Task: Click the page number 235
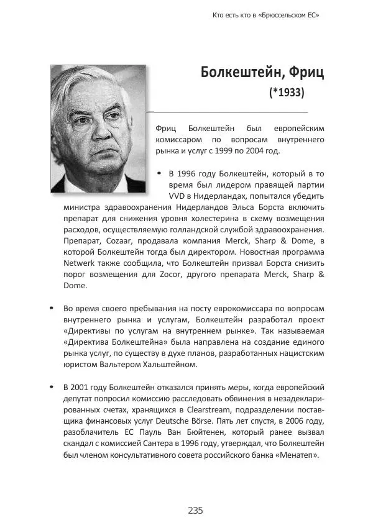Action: point(195,511)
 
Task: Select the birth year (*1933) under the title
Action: point(287,93)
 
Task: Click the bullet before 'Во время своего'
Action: point(50,307)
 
